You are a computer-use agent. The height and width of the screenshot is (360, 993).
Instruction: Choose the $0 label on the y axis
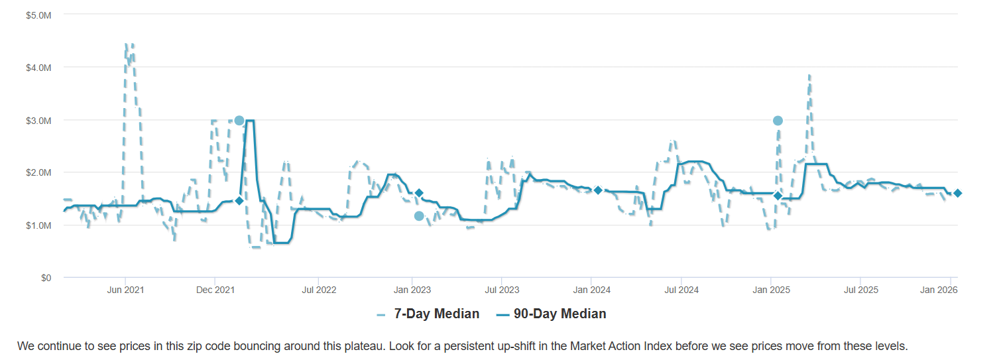pyautogui.click(x=46, y=278)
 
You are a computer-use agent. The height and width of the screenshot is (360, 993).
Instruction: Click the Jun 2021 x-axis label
pyautogui.click(x=125, y=290)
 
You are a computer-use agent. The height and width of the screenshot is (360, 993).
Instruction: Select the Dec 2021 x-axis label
pyautogui.click(x=215, y=290)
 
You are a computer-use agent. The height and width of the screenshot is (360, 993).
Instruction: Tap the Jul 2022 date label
pyautogui.click(x=319, y=290)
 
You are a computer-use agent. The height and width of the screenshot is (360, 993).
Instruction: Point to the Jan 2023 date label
pyautogui.click(x=412, y=290)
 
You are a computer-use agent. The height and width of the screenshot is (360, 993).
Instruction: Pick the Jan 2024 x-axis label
pyautogui.click(x=591, y=290)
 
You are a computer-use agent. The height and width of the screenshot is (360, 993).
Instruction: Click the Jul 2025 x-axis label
pyautogui.click(x=860, y=290)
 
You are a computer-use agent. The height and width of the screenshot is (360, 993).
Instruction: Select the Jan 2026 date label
pyautogui.click(x=950, y=290)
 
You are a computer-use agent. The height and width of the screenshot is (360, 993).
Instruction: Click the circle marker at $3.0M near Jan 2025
pyautogui.click(x=778, y=121)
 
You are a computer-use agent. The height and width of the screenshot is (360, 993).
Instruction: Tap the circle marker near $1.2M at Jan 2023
pyautogui.click(x=419, y=216)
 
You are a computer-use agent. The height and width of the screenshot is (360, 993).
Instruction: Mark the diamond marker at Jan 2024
pyautogui.click(x=598, y=190)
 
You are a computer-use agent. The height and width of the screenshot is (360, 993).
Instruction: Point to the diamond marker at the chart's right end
pyautogui.click(x=958, y=193)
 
